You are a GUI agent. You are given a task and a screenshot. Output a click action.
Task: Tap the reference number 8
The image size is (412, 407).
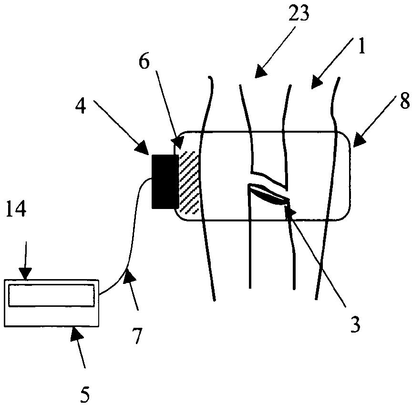pyautogui.click(x=404, y=102)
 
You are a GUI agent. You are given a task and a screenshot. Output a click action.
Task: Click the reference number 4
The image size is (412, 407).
pyautogui.click(x=81, y=105)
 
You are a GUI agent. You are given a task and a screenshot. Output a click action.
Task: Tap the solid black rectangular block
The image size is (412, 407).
pyautogui.click(x=165, y=181)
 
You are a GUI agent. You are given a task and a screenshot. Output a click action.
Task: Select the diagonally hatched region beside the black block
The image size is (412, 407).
pyautogui.click(x=189, y=181)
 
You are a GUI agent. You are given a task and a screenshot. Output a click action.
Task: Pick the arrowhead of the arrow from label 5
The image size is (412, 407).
pyautogui.click(x=75, y=333)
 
